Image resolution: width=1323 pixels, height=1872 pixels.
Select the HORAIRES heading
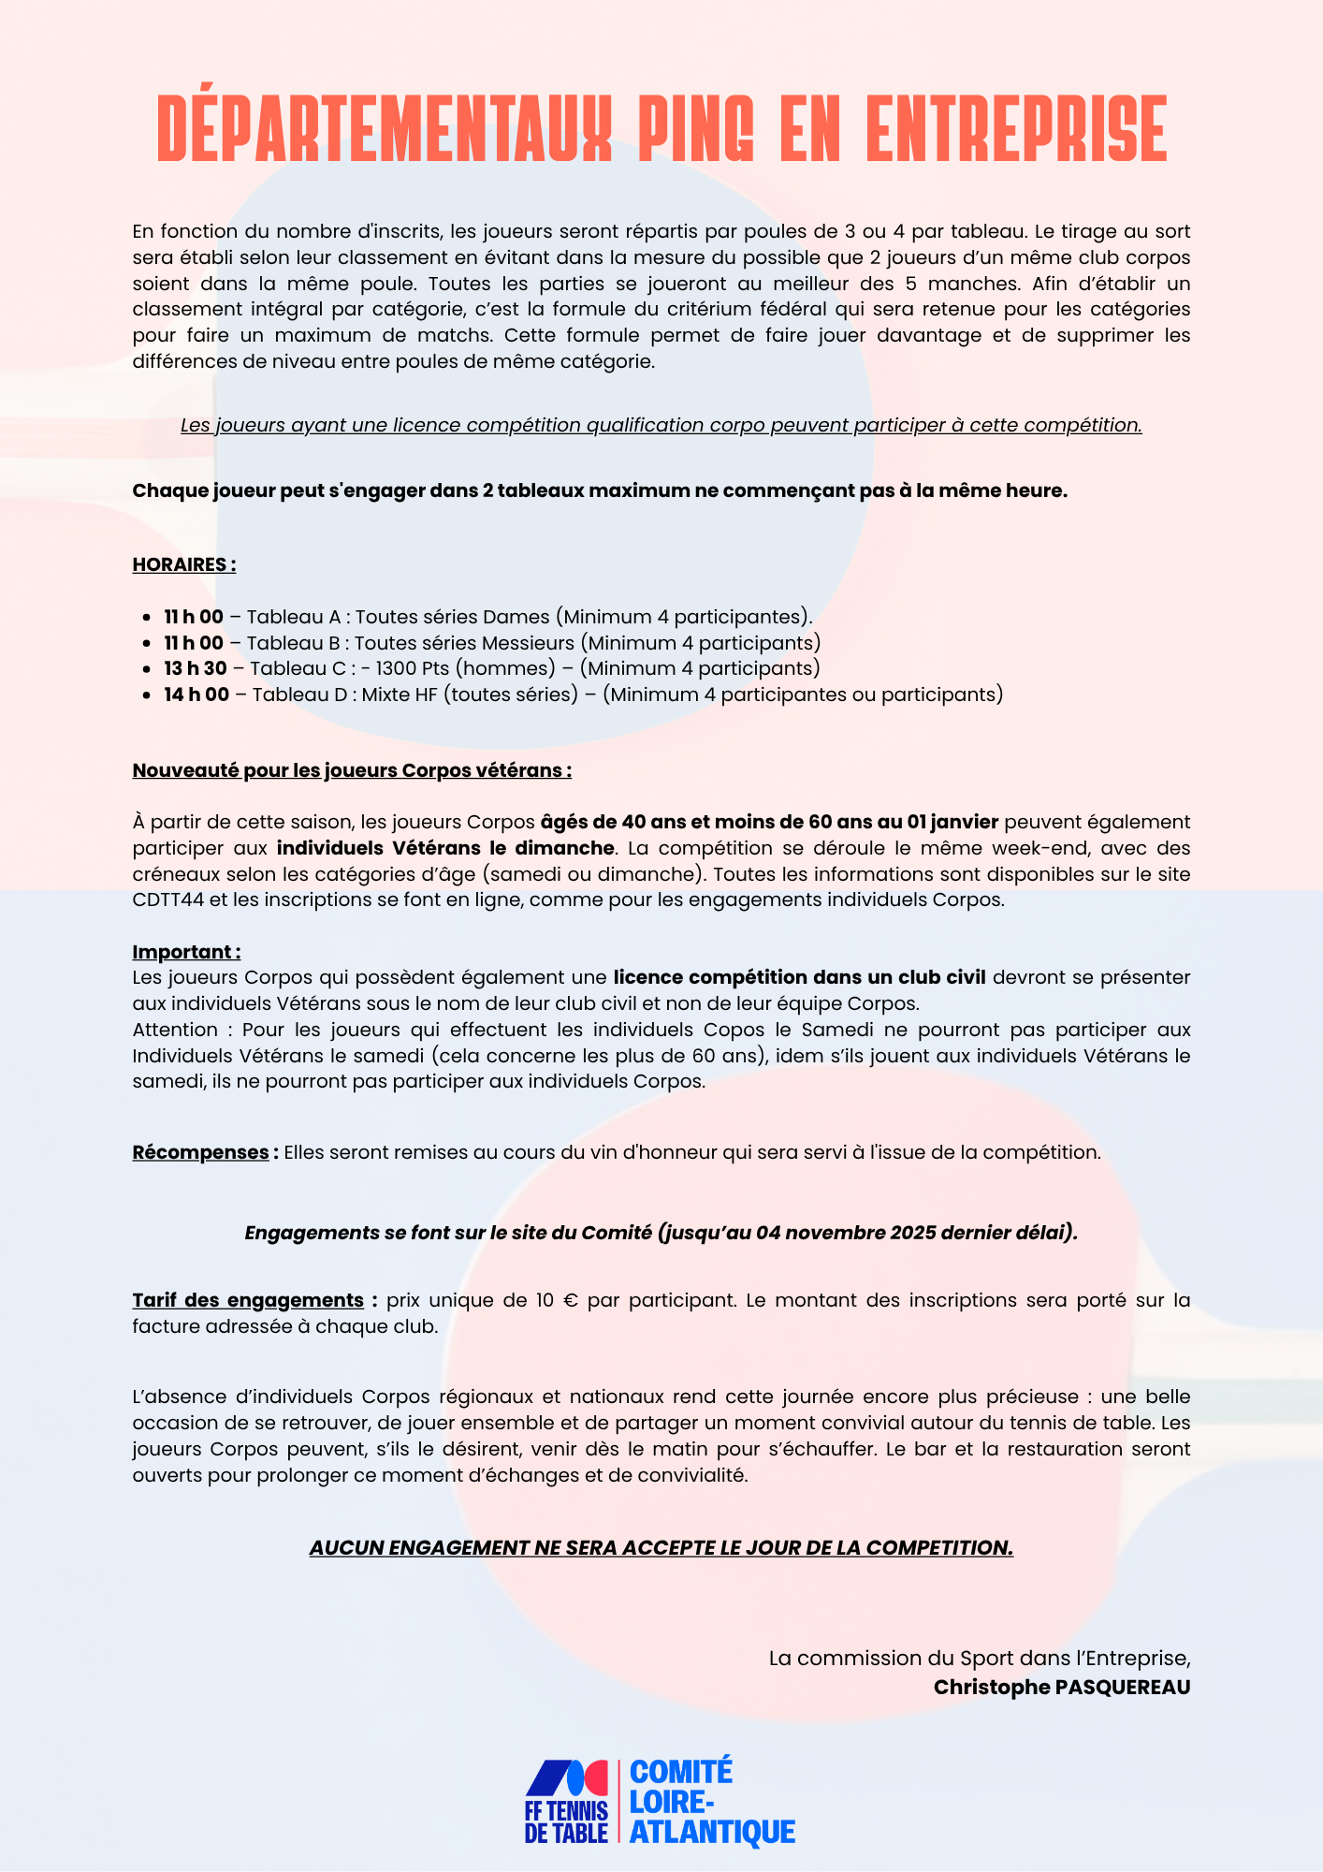pyautogui.click(x=183, y=564)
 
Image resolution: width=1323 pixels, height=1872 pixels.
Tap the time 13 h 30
pyautogui.click(x=196, y=668)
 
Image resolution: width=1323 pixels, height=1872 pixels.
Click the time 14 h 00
pyautogui.click(x=196, y=695)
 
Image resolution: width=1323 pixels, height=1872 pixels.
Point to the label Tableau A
pyautogui.click(x=293, y=617)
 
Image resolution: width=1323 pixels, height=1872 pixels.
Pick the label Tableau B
pyautogui.click(x=293, y=643)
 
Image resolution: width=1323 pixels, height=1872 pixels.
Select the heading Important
pyautogui.click(x=185, y=952)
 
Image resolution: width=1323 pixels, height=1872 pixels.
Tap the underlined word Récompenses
pyautogui.click(x=200, y=1152)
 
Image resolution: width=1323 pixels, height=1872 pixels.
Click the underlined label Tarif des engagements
pyautogui.click(x=248, y=1300)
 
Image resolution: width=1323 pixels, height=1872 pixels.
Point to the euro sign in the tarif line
pyautogui.click(x=571, y=1301)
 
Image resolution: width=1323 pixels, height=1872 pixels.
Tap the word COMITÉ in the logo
pyautogui.click(x=681, y=1772)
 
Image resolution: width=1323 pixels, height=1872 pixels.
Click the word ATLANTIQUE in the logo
pyautogui.click(x=712, y=1832)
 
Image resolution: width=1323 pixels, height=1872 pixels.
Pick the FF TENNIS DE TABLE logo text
pyautogui.click(x=566, y=1821)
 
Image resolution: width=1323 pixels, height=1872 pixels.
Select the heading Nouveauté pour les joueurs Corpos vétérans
pyautogui.click(x=352, y=770)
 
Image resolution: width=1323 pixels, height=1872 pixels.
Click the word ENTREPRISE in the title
pyautogui.click(x=1017, y=129)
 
